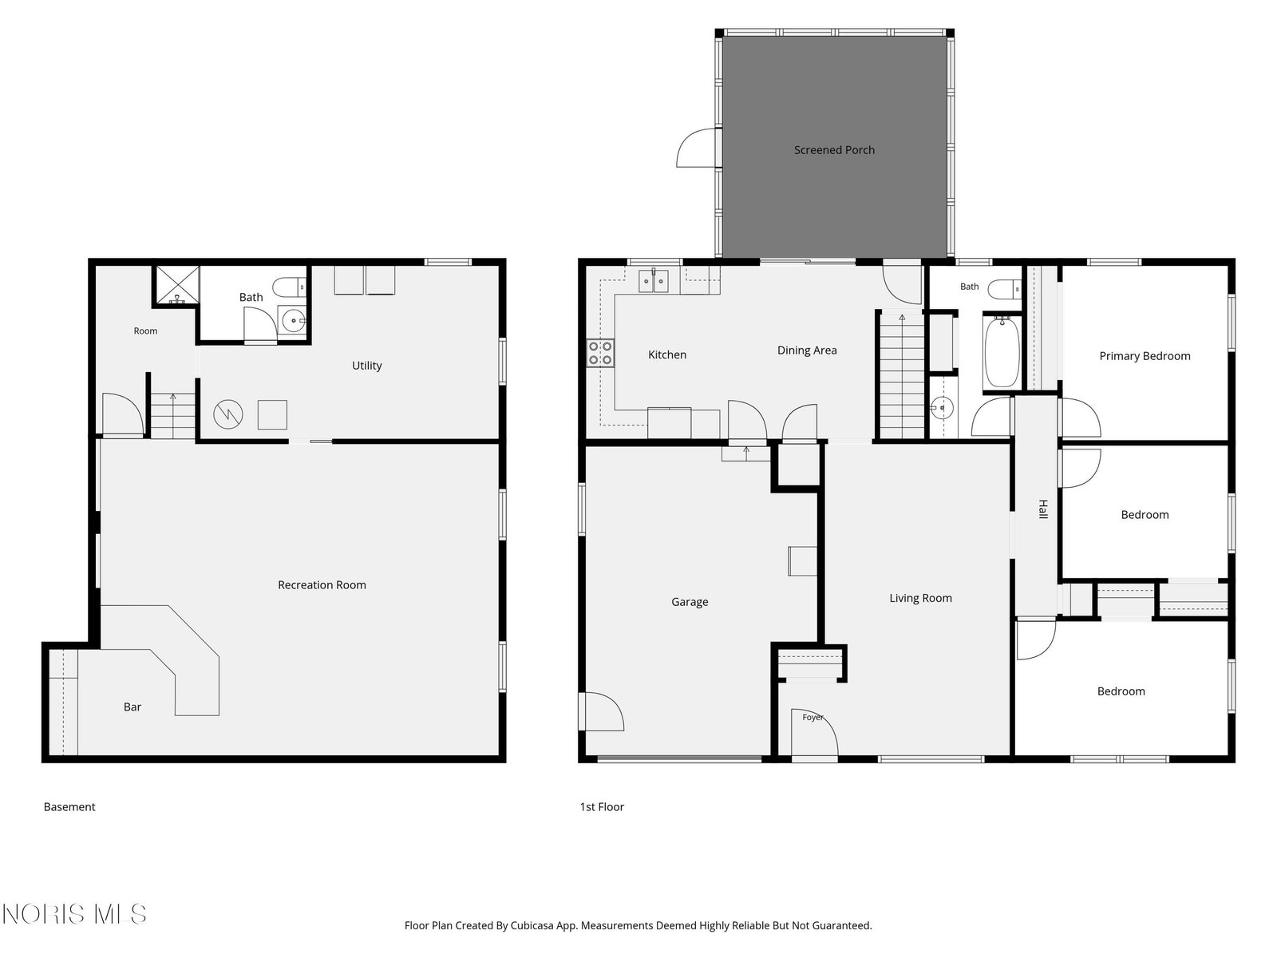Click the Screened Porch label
tap(834, 150)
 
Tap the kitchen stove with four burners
tap(600, 353)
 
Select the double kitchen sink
tap(653, 280)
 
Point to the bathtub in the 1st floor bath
tap(1001, 351)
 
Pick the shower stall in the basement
tap(177, 286)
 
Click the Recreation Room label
tap(322, 584)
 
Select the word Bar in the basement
tap(132, 707)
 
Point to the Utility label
tap(366, 366)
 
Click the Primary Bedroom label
tap(1145, 356)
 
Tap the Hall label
tap(1043, 509)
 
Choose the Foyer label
tap(812, 717)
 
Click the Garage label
tap(690, 602)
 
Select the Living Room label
tap(920, 598)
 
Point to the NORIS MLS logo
tap(74, 914)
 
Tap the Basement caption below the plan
tap(69, 807)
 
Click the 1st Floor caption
tap(602, 807)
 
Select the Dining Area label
tap(807, 350)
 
